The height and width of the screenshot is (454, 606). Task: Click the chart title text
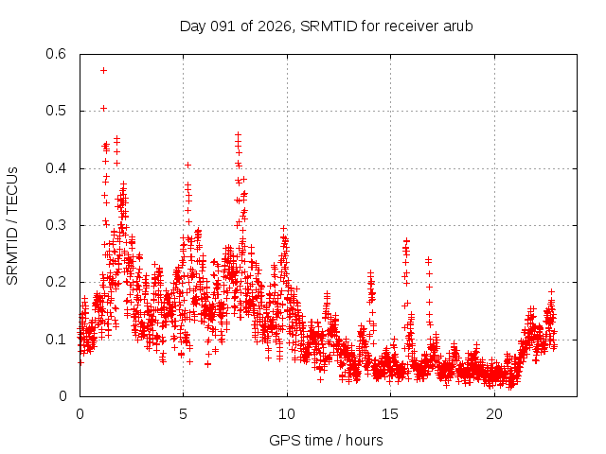tap(326, 26)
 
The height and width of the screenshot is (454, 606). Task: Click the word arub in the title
tap(456, 26)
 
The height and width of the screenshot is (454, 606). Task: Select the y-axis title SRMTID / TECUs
tap(12, 225)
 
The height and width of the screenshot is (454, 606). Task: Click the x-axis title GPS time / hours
tap(326, 440)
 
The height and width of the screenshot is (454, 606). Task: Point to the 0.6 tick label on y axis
tap(59, 54)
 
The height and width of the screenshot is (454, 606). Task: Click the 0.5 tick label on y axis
tap(59, 111)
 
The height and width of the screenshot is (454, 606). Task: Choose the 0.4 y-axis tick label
tap(59, 168)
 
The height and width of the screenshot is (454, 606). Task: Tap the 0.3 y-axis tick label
tap(59, 225)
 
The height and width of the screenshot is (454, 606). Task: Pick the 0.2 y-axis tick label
tap(59, 282)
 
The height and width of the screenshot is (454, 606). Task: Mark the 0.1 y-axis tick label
tap(59, 339)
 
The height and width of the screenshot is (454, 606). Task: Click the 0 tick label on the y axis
tap(65, 396)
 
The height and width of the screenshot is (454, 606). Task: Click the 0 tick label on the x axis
tap(80, 413)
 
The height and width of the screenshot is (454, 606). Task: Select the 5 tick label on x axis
tap(183, 413)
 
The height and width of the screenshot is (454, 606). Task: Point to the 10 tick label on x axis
tap(287, 413)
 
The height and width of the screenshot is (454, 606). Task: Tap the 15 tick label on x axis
tap(390, 413)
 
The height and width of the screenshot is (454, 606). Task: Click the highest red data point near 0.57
tap(103, 70)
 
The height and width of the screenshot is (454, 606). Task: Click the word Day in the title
tap(192, 26)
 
